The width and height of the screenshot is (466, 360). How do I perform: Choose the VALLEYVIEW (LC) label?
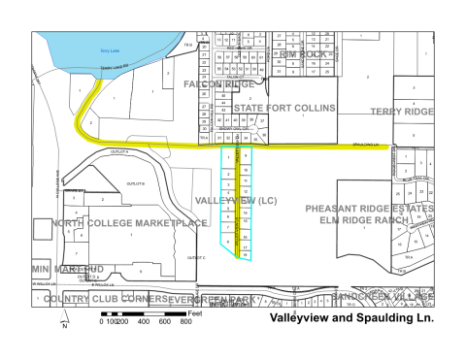coord(237,200)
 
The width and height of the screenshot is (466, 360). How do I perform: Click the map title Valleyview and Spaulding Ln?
coord(349,317)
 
